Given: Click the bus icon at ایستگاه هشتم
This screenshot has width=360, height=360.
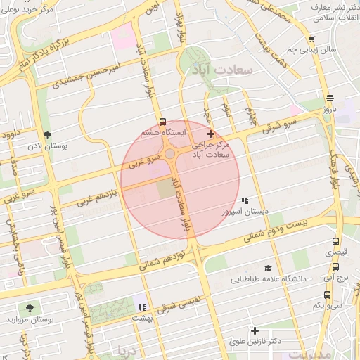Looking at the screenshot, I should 163,121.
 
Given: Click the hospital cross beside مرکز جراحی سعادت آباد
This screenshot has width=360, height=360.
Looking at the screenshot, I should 210,134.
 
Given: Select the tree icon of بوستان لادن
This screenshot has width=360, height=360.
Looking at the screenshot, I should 48,134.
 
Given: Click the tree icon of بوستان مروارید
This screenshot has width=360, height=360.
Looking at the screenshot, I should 30,308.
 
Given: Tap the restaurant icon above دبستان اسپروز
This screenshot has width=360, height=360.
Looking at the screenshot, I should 244,201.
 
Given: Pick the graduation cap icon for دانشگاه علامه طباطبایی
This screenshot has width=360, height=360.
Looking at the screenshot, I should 267,269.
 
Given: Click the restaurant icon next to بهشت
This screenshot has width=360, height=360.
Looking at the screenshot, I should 142,307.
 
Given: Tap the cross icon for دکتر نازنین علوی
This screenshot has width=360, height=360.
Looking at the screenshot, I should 255,330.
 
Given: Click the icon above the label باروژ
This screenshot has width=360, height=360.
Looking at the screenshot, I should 330,98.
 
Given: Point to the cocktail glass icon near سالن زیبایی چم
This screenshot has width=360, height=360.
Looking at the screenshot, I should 311,40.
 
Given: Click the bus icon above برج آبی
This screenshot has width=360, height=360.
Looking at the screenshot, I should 336,267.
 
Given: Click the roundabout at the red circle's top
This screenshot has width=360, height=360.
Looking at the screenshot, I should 170,154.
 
